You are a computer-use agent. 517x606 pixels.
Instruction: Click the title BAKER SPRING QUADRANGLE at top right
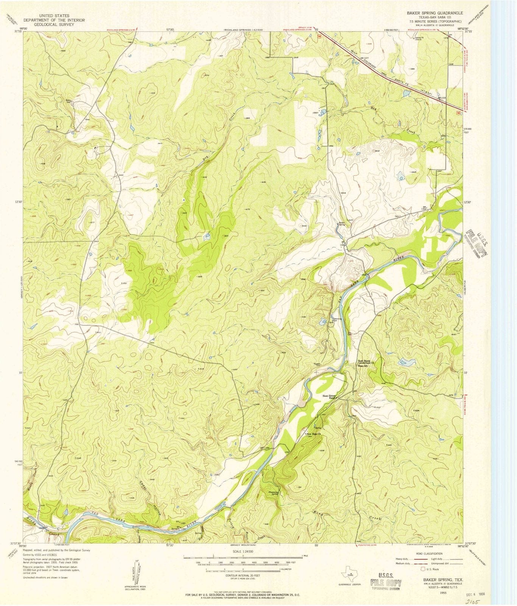point(434,12)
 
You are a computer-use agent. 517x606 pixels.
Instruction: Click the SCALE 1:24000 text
point(242,551)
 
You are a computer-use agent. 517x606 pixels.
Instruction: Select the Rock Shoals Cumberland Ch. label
point(366,362)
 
